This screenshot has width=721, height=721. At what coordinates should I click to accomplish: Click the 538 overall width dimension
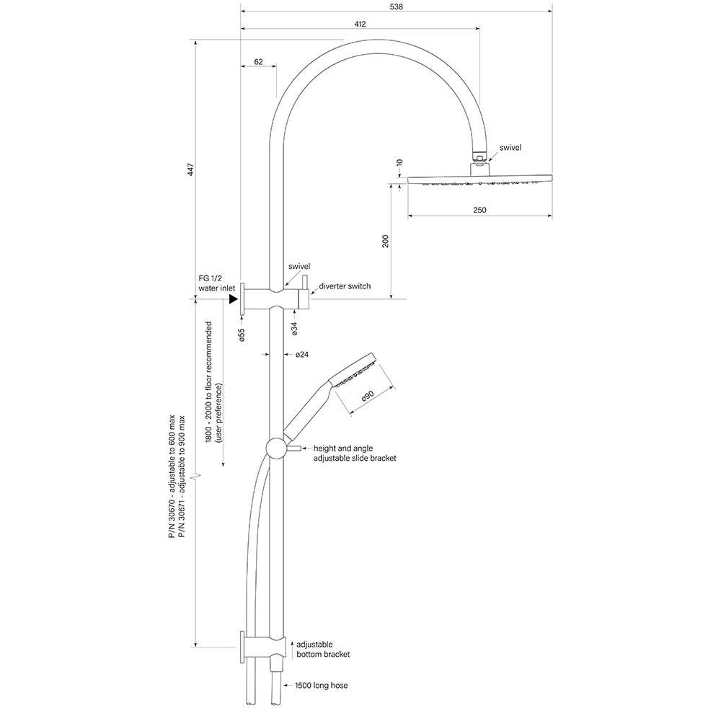pos(396,6)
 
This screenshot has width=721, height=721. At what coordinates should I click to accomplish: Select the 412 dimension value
pos(360,24)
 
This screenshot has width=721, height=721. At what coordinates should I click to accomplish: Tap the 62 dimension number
pos(257,62)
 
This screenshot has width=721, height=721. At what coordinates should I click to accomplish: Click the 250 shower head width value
pos(480,210)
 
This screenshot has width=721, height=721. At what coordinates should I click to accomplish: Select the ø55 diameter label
pos(242,335)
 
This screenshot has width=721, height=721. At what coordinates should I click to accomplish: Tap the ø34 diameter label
pos(295,329)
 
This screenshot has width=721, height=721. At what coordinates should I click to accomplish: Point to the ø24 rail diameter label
pos(302,355)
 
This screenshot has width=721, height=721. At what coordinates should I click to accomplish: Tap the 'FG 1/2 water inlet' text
pos(217,283)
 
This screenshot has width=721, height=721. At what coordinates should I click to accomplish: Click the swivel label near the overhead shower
pos(509,147)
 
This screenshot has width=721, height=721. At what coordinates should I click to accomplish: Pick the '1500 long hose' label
pos(321,685)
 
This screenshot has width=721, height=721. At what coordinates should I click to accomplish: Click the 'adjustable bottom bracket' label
pos(323,648)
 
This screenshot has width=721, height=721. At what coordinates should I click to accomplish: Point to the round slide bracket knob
pos(275,448)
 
